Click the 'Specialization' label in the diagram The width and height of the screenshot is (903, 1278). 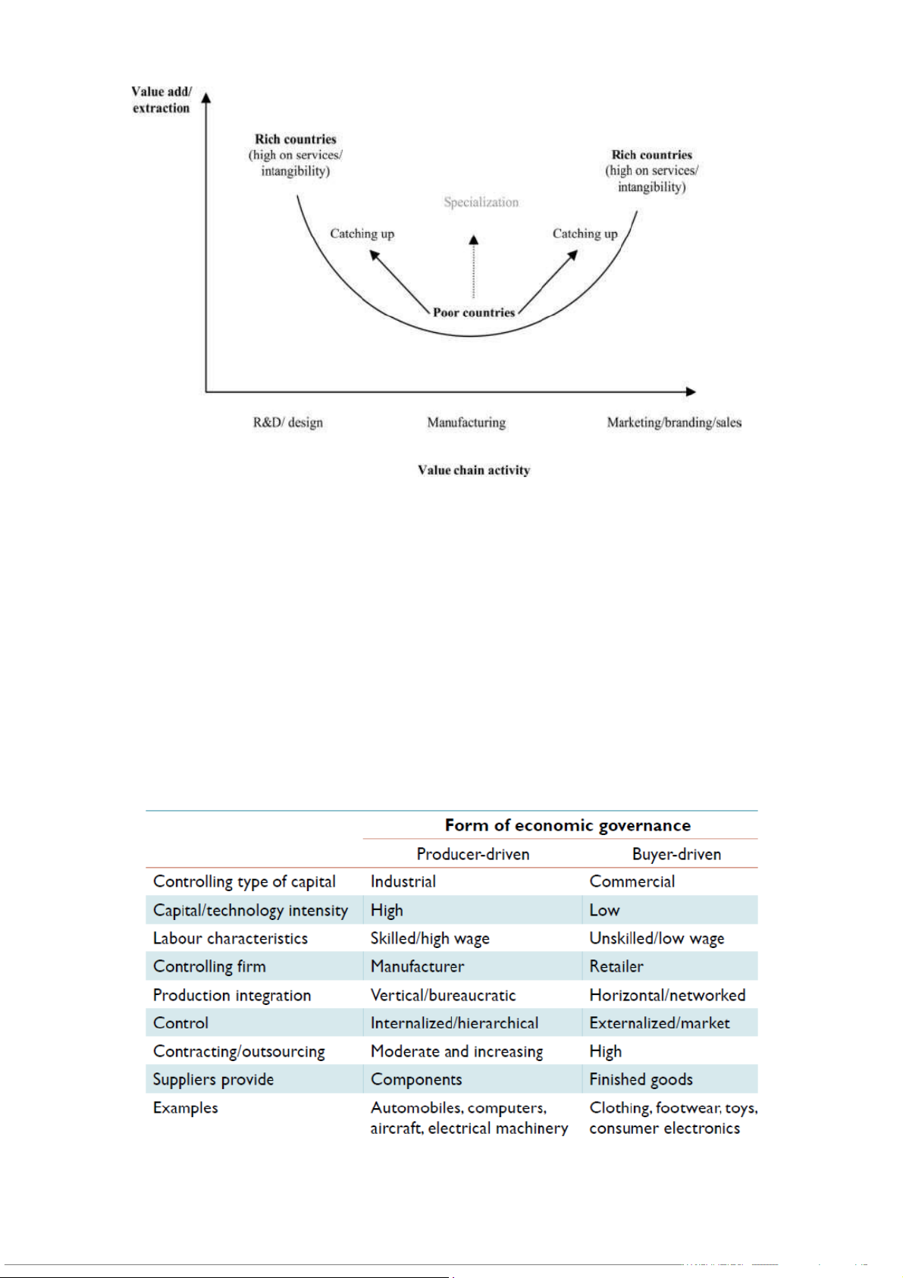click(481, 203)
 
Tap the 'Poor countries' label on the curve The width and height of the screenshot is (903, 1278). click(474, 312)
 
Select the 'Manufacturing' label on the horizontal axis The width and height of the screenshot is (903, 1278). click(466, 422)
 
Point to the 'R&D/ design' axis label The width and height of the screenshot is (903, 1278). click(288, 422)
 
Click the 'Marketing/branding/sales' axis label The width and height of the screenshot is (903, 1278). click(674, 422)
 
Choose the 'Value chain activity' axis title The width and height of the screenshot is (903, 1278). click(474, 470)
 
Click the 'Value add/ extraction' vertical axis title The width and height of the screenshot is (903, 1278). click(161, 100)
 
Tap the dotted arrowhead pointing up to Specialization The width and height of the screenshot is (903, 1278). click(474, 240)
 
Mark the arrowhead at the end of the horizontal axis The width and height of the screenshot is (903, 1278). click(690, 391)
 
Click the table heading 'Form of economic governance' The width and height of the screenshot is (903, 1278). click(567, 825)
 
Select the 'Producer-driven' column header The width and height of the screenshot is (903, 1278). click(473, 854)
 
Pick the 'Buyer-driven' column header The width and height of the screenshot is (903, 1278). click(676, 854)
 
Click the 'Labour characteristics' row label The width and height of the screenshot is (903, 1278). click(230, 938)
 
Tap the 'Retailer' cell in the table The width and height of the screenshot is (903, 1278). click(616, 966)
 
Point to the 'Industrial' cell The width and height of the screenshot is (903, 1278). click(403, 881)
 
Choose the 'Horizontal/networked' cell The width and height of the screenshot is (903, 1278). click(667, 995)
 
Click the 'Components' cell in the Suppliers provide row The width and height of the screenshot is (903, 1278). click(416, 1079)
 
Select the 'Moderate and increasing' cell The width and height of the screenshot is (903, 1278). click(456, 1051)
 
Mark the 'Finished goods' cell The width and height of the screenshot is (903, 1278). click(641, 1079)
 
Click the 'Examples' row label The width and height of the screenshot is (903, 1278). click(186, 1108)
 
